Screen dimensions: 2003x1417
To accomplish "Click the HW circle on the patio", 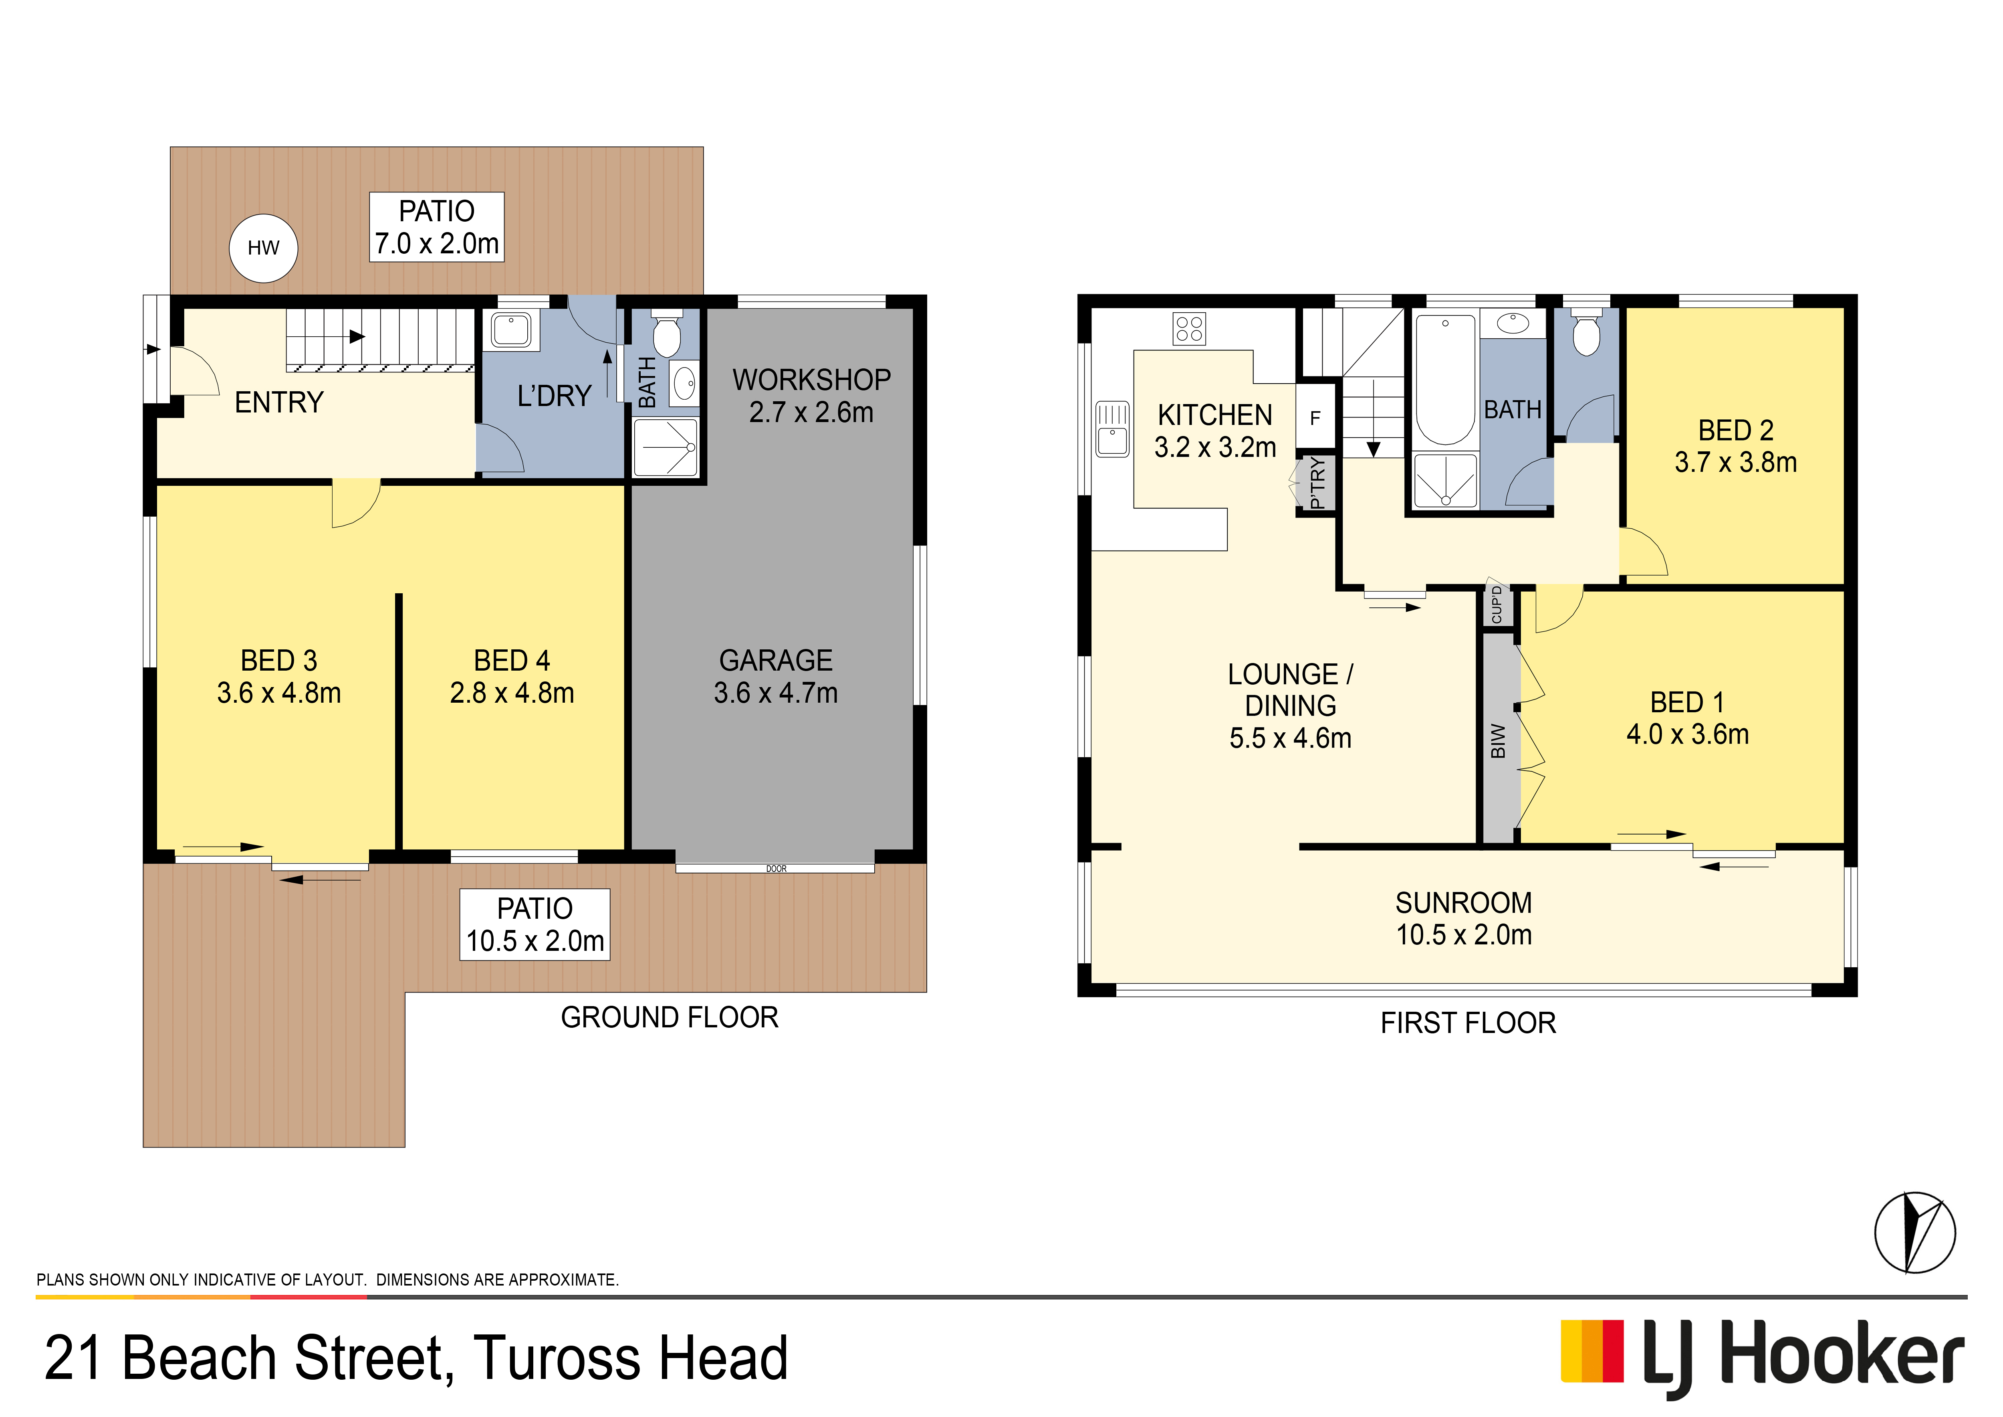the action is coord(264,249).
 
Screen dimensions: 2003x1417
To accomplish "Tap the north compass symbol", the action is coord(1915,1233).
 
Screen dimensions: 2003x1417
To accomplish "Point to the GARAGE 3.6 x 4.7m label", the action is coord(776,676).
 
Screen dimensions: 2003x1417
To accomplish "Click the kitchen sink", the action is coord(1112,429).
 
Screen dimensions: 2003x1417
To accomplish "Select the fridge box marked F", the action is coord(1315,418).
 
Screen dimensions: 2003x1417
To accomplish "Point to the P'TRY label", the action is coord(1317,483).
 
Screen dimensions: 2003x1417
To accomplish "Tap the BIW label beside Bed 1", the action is coord(1498,741).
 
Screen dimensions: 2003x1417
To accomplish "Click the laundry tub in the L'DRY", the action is coord(511,330).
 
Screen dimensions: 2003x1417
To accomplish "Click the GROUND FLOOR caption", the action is coord(669,1017).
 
